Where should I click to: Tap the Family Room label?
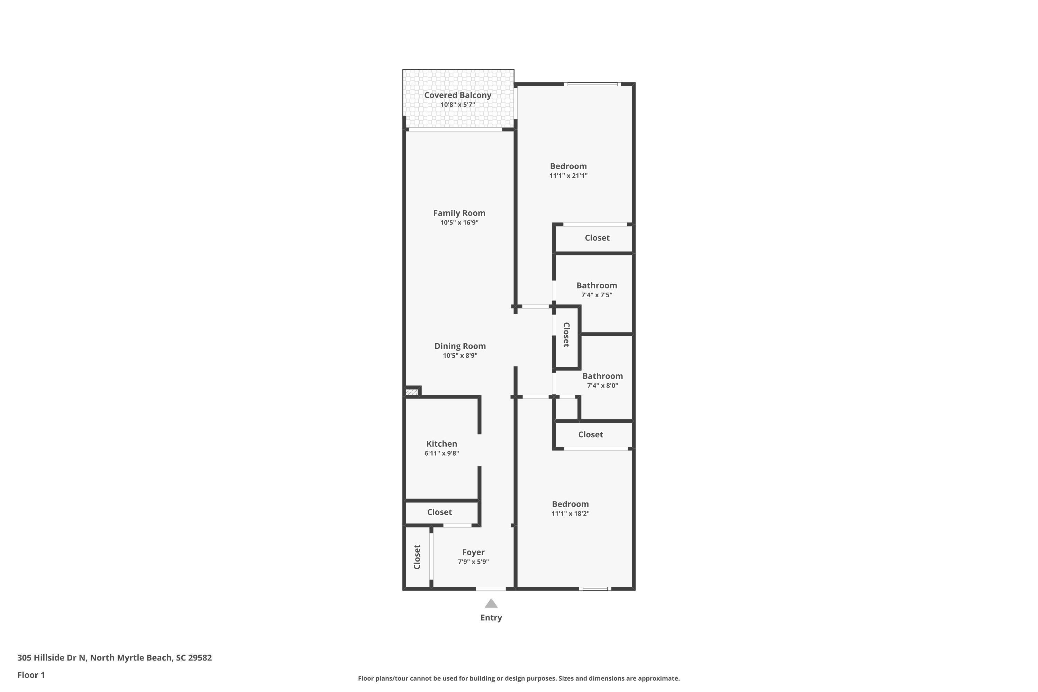coord(459,213)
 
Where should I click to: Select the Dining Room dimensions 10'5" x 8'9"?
coord(460,356)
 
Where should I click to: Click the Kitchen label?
coord(441,444)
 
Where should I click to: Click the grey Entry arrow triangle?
coord(491,603)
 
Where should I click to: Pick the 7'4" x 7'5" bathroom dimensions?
coord(597,295)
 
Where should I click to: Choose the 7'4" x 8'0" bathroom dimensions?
coord(602,386)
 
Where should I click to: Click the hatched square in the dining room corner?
coord(412,391)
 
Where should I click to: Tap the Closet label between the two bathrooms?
coord(566,335)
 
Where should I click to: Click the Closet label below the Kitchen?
coord(439,512)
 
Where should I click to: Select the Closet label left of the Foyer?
coord(417,557)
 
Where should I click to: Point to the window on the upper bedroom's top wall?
coord(592,84)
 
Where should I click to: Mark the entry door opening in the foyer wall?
coord(491,589)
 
